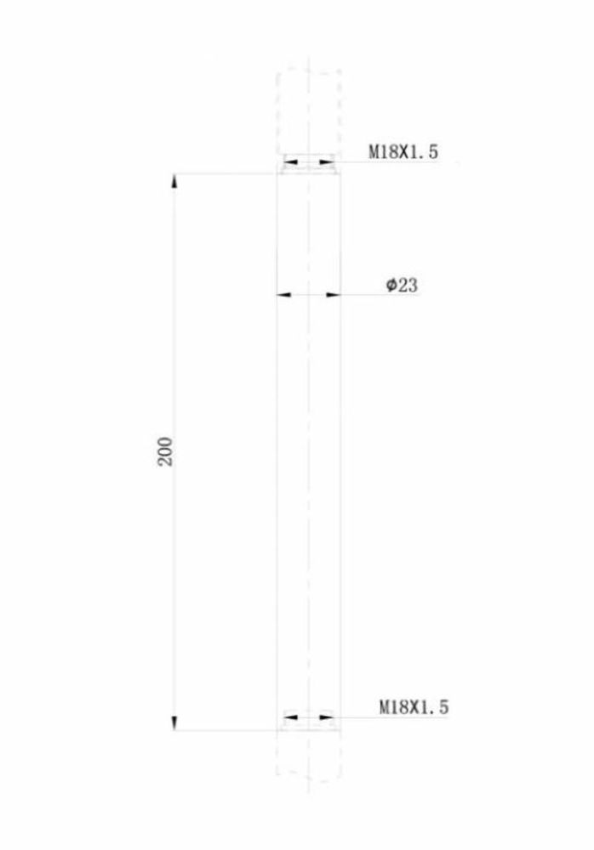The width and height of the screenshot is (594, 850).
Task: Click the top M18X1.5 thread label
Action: pyautogui.click(x=403, y=152)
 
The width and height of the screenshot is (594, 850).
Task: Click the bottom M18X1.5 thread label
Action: pyautogui.click(x=414, y=706)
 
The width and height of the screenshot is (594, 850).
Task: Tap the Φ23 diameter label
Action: pyautogui.click(x=403, y=286)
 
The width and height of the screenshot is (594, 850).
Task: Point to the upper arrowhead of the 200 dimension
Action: pyautogui.click(x=174, y=181)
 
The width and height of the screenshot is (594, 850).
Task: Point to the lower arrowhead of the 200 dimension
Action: pyautogui.click(x=174, y=722)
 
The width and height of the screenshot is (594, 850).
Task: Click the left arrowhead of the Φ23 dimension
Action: pyautogui.click(x=285, y=295)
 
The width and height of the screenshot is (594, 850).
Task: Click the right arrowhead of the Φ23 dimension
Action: pyautogui.click(x=333, y=295)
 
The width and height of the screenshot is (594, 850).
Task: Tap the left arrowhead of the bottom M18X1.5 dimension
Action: pyautogui.click(x=289, y=718)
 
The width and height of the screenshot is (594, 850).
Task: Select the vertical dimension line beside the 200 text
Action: pyautogui.click(x=174, y=340)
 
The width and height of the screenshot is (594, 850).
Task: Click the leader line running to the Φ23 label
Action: pyautogui.click(x=362, y=295)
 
